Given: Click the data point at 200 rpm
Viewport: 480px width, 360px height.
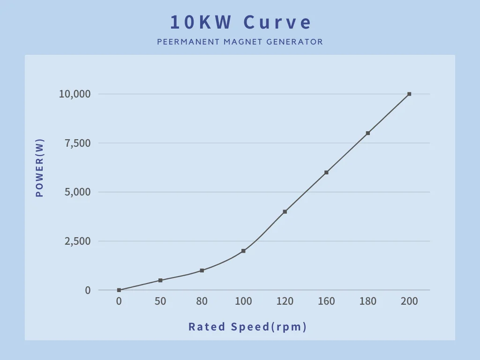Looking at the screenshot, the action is (409, 94).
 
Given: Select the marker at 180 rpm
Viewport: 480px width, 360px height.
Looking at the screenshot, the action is (367, 133).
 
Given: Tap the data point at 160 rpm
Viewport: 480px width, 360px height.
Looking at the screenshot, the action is (326, 172).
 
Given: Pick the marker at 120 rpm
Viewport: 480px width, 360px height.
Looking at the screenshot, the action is (285, 211).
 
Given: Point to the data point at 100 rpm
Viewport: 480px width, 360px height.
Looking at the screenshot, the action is (243, 251).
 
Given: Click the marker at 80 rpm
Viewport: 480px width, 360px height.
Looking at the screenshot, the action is (202, 270).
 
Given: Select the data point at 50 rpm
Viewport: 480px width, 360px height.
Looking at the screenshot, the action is (160, 280).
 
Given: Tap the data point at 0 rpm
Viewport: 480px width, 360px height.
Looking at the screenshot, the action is (119, 290).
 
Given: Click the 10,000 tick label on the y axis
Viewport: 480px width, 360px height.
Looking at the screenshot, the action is (75, 94).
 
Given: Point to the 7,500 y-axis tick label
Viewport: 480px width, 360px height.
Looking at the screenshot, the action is (77, 143).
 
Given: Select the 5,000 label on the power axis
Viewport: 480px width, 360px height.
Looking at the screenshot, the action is (77, 192).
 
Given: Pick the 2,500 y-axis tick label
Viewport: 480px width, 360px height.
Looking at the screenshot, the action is (77, 241).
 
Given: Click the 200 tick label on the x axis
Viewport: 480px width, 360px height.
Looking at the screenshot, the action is (409, 301).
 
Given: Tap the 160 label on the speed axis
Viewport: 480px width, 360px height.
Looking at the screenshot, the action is (326, 301).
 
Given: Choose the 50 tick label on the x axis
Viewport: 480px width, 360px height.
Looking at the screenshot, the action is (160, 301).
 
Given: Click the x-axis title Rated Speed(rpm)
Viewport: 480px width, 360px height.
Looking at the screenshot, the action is (247, 327).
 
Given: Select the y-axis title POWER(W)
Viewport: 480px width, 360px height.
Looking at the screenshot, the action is (40, 168).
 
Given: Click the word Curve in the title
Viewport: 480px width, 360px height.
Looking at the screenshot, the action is (277, 22).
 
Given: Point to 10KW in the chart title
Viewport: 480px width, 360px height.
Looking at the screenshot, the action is (201, 22).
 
